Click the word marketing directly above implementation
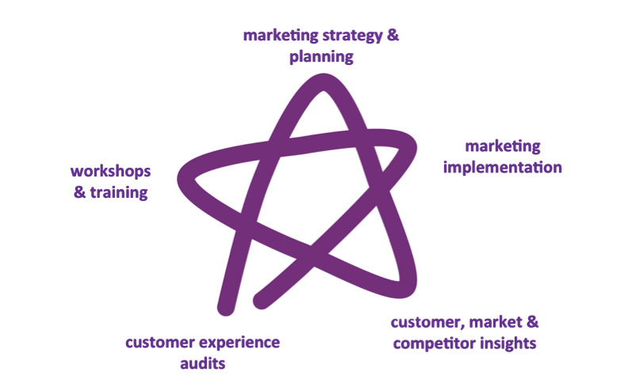502,146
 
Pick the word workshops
110,171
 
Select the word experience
239,343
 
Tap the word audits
201,364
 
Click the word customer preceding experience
159,343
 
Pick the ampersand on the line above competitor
531,322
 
